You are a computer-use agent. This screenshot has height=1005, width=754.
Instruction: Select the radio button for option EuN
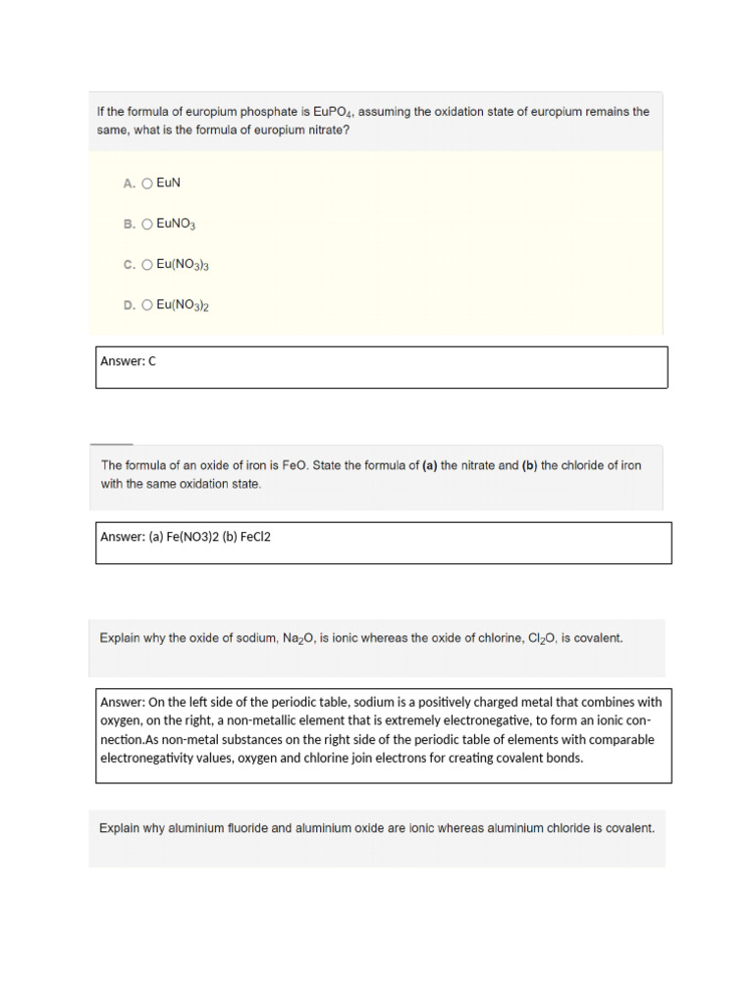point(147,184)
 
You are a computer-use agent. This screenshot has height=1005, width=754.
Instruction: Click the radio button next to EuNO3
point(147,225)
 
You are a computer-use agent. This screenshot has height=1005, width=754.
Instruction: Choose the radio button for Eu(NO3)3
point(147,265)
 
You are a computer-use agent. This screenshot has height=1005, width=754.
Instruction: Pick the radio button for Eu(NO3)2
point(147,305)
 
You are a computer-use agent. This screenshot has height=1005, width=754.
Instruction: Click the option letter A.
point(129,184)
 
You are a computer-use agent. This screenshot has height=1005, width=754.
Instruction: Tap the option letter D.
point(129,305)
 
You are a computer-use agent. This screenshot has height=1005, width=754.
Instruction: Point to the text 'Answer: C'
point(129,361)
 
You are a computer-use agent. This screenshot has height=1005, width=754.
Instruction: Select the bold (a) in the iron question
point(429,465)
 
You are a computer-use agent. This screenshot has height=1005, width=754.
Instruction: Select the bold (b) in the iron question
point(529,465)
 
